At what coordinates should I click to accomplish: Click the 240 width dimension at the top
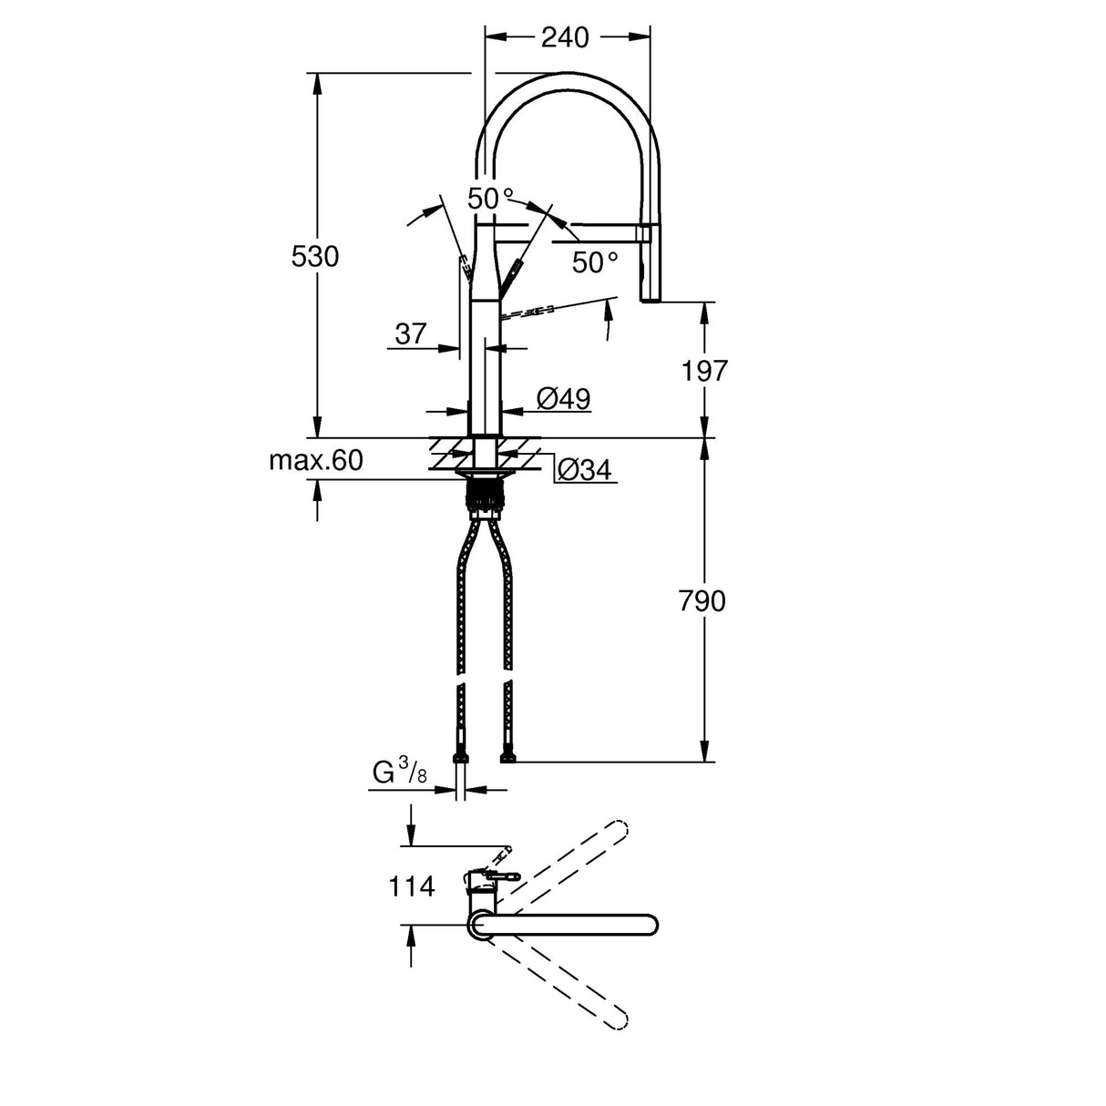[x=565, y=37]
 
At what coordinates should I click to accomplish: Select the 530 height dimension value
[x=315, y=257]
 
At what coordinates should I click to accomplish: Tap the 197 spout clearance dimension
[x=704, y=371]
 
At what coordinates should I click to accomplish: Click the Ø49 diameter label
[x=563, y=398]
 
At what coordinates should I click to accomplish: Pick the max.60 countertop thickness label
[x=315, y=461]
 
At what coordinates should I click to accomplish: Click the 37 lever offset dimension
[x=411, y=333]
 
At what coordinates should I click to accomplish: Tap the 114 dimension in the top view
[x=413, y=886]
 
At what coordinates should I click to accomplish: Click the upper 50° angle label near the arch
[x=490, y=198]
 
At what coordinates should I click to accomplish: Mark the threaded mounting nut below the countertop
[x=485, y=497]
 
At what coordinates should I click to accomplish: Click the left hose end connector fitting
[x=460, y=755]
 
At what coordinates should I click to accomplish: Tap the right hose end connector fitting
[x=508, y=755]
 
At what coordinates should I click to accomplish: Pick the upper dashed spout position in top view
[x=565, y=865]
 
